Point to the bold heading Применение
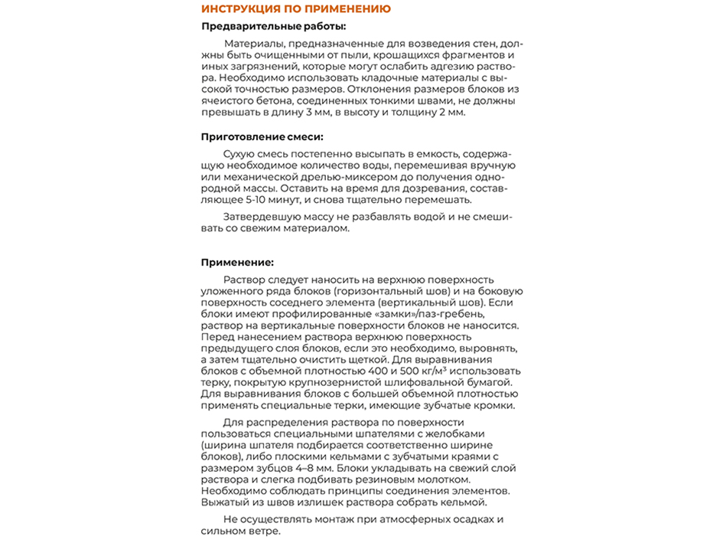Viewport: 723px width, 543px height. pyautogui.click(x=237, y=262)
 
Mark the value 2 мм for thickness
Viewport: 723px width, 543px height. pyautogui.click(x=451, y=112)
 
